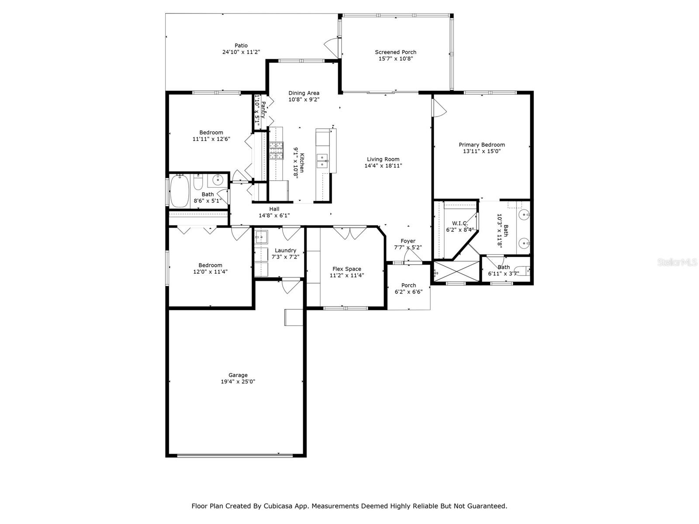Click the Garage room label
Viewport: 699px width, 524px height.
coord(238,375)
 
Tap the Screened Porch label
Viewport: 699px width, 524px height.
coord(395,52)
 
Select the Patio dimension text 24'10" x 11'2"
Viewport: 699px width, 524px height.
coord(241,52)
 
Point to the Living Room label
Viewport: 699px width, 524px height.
coord(383,159)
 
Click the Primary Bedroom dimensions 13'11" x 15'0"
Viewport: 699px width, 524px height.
coord(482,152)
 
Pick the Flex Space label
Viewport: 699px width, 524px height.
coord(347,269)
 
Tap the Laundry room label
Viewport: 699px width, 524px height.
coord(285,251)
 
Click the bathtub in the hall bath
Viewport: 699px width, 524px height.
coord(180,191)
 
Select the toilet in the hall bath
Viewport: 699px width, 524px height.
coord(198,182)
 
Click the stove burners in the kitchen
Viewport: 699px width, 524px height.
coord(276,151)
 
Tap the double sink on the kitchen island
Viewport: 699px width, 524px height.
coord(322,161)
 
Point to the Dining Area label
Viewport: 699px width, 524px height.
coord(304,93)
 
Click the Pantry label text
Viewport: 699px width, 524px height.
coord(263,110)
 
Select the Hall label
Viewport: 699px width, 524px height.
coord(274,209)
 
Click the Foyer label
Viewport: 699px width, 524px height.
coord(408,241)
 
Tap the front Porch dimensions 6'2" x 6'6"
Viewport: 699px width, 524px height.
coord(408,292)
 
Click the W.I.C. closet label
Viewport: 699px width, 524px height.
coord(460,223)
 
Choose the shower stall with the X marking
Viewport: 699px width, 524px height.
coord(457,271)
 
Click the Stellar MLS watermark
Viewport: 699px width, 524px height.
coord(677,262)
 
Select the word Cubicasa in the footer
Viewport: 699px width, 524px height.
coord(276,506)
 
